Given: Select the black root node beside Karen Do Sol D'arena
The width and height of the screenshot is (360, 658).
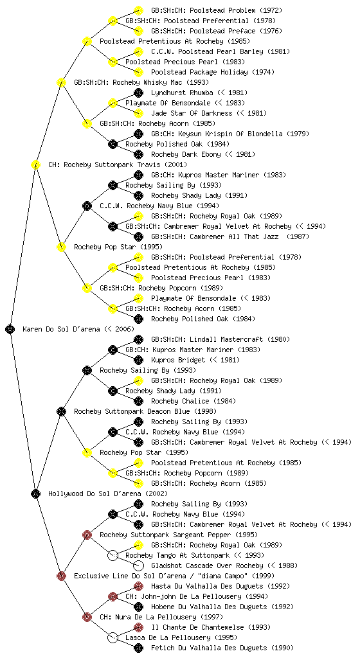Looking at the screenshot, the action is coord(10,330).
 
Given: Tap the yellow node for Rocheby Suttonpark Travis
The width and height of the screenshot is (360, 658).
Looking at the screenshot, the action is coord(35,165).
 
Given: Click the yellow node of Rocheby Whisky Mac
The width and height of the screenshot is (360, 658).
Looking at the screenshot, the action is coord(61,83).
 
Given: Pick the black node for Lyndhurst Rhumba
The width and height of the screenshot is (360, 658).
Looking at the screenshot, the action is coord(138,93).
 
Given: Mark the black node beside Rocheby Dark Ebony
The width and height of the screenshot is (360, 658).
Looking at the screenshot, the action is coord(138,154).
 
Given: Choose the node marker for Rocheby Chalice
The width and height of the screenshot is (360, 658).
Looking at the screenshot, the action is coord(138,401).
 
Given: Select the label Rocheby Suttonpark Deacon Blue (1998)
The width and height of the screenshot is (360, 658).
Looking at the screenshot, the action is coord(145,412).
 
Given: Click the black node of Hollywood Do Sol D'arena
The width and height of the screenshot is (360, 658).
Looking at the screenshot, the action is coord(35,494).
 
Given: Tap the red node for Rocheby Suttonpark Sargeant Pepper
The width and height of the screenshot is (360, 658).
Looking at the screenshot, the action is coord(87,535).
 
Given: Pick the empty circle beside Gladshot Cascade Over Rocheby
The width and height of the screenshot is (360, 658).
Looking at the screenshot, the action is coord(138,565).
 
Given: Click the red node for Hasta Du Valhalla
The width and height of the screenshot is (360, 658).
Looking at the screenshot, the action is coord(138,586).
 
